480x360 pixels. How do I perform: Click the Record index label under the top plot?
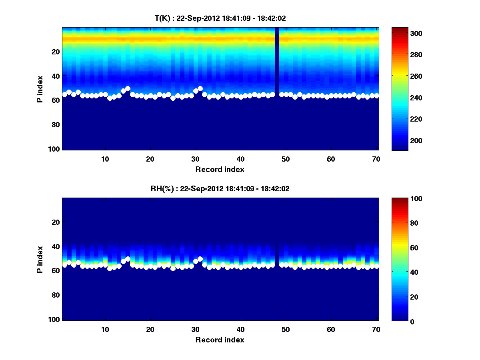[220, 169]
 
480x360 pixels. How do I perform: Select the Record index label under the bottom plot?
[220, 340]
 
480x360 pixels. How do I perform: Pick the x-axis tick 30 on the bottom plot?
[195, 329]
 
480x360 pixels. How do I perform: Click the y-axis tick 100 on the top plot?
[55, 149]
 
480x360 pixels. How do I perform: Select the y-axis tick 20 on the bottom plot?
[56, 222]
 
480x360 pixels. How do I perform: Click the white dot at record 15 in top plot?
[128, 88]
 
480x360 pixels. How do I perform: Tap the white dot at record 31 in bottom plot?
[200, 259]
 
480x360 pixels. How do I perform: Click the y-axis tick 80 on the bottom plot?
[56, 295]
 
